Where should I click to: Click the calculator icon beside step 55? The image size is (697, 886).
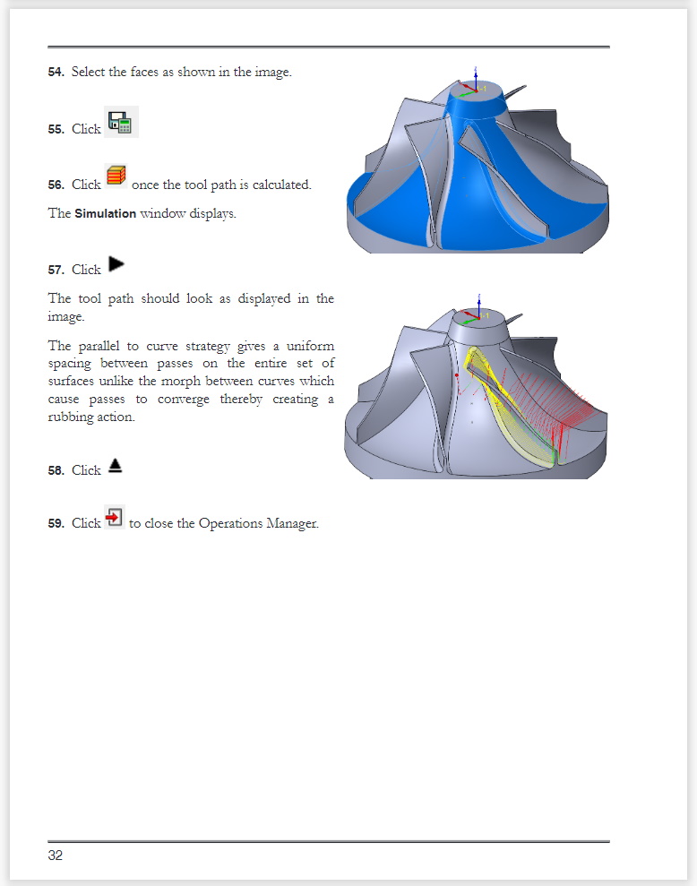121,122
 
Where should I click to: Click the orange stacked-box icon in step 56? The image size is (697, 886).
116,176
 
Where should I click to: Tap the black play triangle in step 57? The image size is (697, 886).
116,264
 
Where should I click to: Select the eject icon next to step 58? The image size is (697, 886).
115,466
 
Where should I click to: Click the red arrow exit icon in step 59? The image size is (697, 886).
113,517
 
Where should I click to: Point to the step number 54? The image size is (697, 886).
56,73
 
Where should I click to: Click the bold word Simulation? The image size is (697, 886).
105,214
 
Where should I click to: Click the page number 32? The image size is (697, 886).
56,856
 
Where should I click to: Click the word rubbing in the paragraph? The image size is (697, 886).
71,417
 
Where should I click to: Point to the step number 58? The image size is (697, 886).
56,470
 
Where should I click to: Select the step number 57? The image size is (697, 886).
56,270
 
